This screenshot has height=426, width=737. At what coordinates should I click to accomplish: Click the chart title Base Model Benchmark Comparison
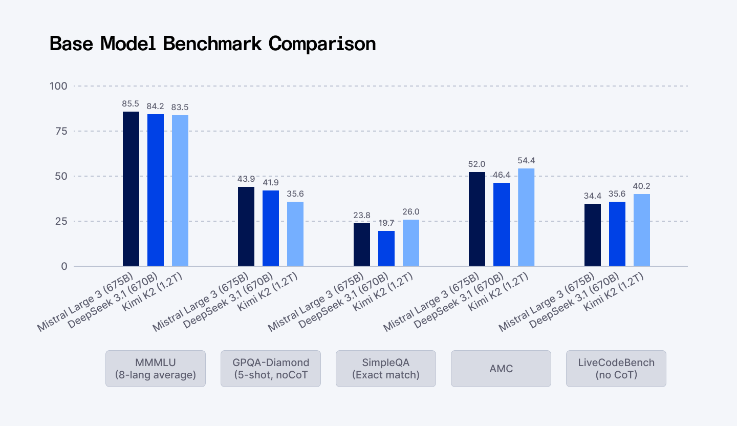[212, 44]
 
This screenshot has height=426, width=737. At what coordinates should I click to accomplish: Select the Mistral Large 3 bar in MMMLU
[131, 189]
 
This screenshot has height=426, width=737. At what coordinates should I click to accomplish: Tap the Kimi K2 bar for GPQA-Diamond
[295, 234]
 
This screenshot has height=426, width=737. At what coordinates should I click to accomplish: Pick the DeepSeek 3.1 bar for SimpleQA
[386, 248]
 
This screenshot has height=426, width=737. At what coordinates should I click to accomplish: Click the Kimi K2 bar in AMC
[526, 217]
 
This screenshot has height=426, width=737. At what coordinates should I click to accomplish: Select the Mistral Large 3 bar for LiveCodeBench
[593, 235]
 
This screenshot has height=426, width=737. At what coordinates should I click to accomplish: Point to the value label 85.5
[131, 103]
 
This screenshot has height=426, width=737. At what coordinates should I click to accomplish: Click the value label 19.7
[386, 223]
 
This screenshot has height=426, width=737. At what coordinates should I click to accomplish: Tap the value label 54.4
[526, 160]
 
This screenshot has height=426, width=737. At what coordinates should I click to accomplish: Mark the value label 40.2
[642, 186]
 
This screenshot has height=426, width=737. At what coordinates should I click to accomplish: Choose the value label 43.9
[246, 179]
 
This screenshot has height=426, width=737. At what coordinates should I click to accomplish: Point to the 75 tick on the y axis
[60, 131]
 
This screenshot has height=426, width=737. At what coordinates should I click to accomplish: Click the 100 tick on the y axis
[58, 86]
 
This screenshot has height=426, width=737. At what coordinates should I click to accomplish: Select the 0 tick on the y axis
[64, 266]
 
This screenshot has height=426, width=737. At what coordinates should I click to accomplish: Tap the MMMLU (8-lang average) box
[156, 369]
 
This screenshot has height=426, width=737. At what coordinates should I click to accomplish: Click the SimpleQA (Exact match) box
[386, 369]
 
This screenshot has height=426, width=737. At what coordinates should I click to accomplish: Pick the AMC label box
[501, 369]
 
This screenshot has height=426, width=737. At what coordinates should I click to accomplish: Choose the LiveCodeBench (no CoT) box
[616, 369]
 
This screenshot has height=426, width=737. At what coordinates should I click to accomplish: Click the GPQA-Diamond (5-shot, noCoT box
[271, 369]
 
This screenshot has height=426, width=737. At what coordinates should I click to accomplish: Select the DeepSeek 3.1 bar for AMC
[502, 224]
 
